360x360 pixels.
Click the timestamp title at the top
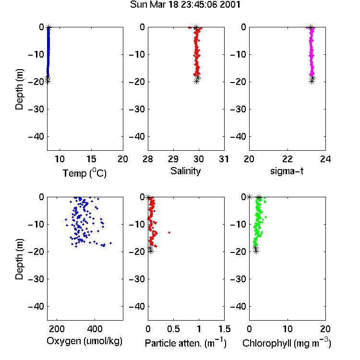(185, 5)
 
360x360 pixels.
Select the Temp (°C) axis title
(84, 173)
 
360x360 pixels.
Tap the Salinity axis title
(185, 171)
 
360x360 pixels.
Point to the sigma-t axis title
(287, 171)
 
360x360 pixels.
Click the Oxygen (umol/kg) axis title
(84, 341)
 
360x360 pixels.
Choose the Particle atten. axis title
(185, 343)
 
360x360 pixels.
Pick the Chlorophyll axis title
(287, 343)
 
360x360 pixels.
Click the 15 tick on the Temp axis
(91, 159)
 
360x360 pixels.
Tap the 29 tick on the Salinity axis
(173, 159)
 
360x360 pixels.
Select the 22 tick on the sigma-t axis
(288, 159)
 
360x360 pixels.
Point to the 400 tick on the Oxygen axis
(95, 329)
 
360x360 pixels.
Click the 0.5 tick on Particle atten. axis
(173, 329)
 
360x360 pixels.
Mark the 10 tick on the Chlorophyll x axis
(288, 329)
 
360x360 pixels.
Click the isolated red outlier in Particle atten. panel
(169, 233)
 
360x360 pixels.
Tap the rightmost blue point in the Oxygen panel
(111, 243)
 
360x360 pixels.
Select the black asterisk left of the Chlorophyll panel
(249, 197)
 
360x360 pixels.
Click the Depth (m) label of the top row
(19, 89)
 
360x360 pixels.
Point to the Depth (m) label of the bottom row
(19, 259)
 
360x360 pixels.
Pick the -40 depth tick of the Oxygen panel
(36, 306)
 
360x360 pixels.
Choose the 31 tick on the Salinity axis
(224, 159)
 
